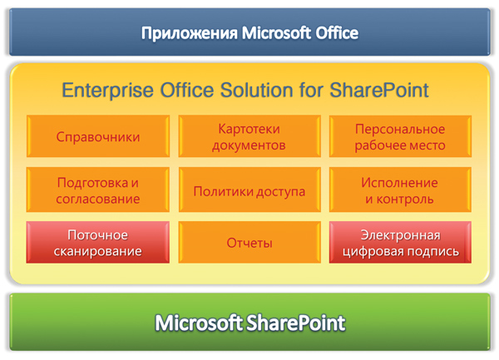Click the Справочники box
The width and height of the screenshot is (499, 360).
(98, 136)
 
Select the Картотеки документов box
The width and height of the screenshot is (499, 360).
(249, 136)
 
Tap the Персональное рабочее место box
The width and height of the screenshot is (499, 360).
(400, 136)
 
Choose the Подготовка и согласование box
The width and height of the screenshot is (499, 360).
(98, 190)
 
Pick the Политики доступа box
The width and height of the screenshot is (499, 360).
(249, 190)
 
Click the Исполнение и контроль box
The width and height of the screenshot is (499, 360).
(400, 190)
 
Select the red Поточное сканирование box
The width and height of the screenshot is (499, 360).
(98, 242)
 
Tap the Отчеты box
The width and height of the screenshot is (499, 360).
(249, 242)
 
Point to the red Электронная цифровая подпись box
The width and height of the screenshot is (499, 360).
(400, 242)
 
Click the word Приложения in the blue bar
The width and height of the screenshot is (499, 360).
(190, 33)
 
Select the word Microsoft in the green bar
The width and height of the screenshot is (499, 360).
(199, 323)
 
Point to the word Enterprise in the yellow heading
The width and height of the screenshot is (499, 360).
(107, 91)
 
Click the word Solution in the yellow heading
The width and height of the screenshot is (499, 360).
(256, 90)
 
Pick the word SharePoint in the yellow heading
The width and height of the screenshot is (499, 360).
(379, 90)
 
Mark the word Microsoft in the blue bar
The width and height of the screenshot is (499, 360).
(276, 32)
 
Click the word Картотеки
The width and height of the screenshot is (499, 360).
(249, 129)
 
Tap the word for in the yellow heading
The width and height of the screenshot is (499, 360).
(311, 90)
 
